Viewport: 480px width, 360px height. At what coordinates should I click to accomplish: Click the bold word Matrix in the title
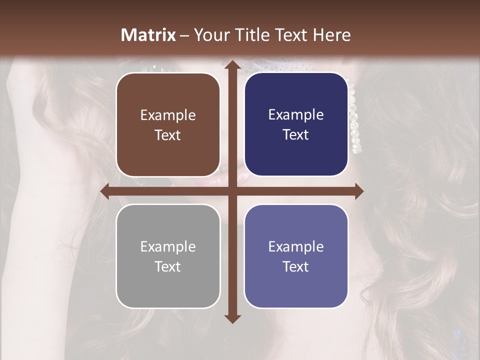(x=148, y=35)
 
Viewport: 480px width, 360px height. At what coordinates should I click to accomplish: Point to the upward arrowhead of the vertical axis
(x=232, y=65)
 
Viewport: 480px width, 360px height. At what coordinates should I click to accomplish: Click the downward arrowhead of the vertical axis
(x=232, y=318)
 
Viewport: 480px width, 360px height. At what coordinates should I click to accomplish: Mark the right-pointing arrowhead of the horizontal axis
(x=358, y=191)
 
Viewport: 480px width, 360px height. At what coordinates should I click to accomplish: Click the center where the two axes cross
(x=232, y=191)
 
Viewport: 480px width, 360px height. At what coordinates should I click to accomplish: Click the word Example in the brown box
(x=168, y=115)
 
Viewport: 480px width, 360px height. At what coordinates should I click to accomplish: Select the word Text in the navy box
(x=296, y=135)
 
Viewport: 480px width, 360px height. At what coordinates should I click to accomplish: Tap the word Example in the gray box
(x=168, y=247)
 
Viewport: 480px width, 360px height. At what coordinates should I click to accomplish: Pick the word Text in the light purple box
(x=296, y=266)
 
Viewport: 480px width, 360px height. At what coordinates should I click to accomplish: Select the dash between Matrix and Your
(x=184, y=35)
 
